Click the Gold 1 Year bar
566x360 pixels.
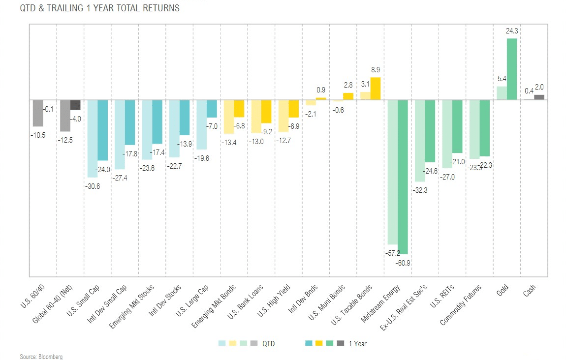[512, 69]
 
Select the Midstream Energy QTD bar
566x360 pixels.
[393, 172]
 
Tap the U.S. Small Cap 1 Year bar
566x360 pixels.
[103, 130]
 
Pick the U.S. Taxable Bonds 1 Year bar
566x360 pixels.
[376, 89]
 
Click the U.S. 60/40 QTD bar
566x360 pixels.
[38, 113]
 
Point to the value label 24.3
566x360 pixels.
[512, 31]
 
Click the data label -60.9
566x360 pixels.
[403, 263]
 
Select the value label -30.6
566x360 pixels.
[93, 186]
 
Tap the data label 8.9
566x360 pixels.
[376, 70]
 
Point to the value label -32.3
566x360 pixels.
[420, 190]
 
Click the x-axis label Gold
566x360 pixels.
[502, 290]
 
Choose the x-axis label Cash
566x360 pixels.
[529, 290]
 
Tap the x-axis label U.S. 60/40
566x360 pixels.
[32, 296]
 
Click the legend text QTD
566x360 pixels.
[269, 343]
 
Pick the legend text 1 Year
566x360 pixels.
[358, 343]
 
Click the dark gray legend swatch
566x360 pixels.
[341, 343]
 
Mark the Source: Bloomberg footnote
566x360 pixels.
[41, 357]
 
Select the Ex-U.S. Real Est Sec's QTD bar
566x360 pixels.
[420, 141]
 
